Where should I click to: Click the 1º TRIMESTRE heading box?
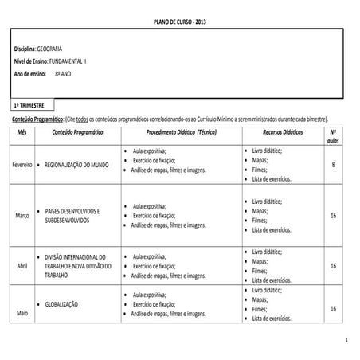coord(32,104)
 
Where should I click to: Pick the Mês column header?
coord(22,131)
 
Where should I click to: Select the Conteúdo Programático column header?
coord(77,131)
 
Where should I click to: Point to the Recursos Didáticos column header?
coord(282,131)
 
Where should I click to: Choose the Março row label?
coord(22,216)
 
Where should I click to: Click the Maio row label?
coord(22,313)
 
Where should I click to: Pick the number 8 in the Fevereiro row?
coord(332,164)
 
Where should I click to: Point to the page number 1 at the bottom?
coord(346,341)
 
